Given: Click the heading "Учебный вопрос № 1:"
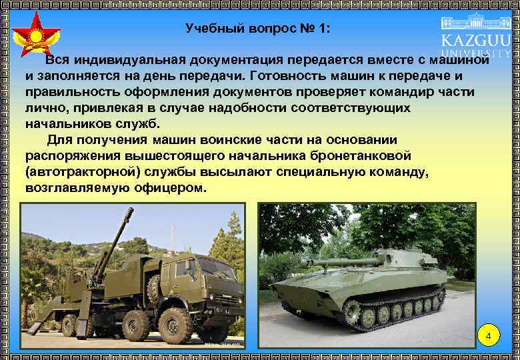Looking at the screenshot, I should coord(257,29).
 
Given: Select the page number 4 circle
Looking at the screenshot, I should coord(489,335).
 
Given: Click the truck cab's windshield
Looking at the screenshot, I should coord(216,268).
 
